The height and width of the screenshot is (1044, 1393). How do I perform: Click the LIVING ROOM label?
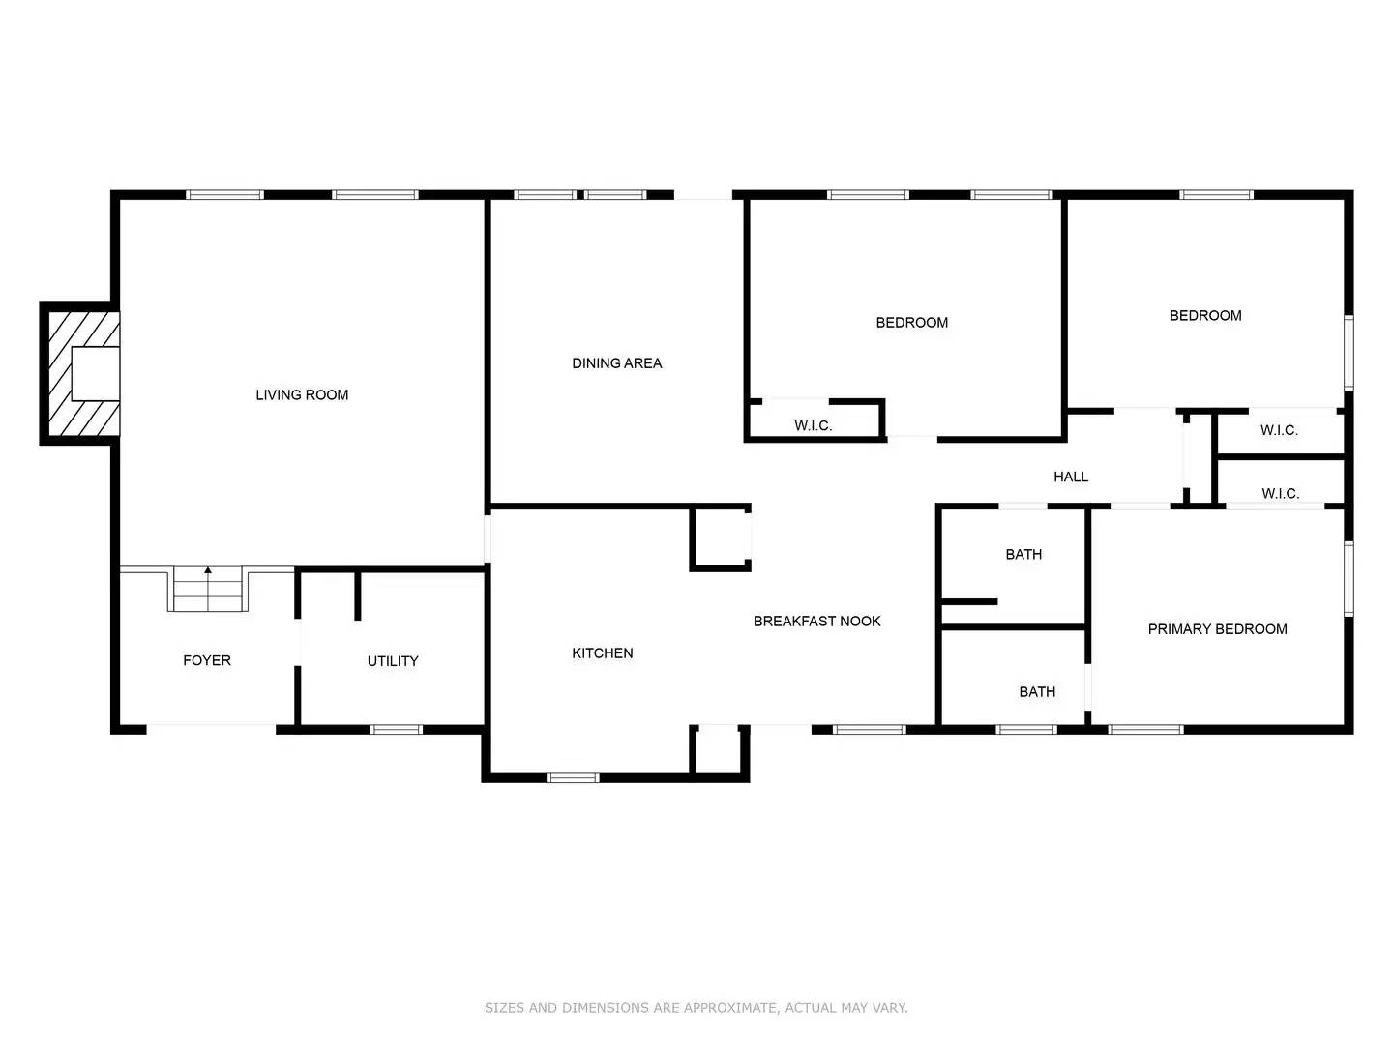[302, 394]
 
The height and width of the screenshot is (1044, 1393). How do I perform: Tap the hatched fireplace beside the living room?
[79, 373]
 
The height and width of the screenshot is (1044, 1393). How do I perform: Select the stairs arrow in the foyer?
[208, 571]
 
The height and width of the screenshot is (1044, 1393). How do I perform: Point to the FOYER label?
[207, 660]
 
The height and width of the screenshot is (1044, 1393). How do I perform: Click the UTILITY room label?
[393, 661]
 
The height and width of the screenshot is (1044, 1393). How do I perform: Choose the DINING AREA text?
[616, 363]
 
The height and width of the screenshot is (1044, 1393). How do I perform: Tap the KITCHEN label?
[602, 653]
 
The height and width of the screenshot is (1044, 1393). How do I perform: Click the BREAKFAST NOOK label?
[816, 622]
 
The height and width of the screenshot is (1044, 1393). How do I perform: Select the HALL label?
[1070, 477]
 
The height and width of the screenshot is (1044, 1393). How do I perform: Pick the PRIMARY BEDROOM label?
[1217, 629]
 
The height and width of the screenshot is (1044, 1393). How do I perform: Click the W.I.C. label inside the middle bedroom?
[813, 425]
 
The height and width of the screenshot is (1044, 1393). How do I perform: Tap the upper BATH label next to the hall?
[1023, 555]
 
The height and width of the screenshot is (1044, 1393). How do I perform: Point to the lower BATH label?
[1037, 692]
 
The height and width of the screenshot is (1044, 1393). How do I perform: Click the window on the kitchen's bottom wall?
[574, 777]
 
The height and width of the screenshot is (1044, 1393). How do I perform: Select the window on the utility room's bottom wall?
[397, 729]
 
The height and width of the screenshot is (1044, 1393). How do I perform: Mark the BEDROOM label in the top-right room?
[1205, 316]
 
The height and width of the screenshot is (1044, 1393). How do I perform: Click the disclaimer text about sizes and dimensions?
[696, 1008]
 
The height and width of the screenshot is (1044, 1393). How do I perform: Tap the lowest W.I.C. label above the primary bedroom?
[1280, 494]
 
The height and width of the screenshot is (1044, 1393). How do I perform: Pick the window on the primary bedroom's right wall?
[1349, 578]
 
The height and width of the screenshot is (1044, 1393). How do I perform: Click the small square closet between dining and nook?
[721, 537]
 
